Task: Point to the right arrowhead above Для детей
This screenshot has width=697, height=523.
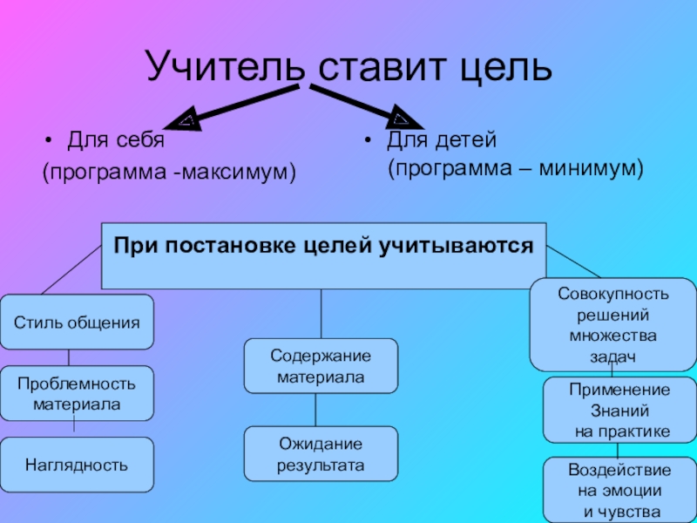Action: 401,115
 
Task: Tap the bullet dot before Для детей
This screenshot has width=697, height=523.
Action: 369,140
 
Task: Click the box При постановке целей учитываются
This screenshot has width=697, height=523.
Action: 322,255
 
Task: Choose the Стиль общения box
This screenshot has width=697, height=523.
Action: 77,323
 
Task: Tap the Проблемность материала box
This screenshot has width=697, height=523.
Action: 77,394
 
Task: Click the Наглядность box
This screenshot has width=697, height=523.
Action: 77,465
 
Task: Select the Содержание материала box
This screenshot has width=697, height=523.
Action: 321,366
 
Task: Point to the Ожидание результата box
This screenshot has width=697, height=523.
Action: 321,454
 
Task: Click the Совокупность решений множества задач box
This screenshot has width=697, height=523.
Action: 612,324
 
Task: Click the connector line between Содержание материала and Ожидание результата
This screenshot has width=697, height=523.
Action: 315,410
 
